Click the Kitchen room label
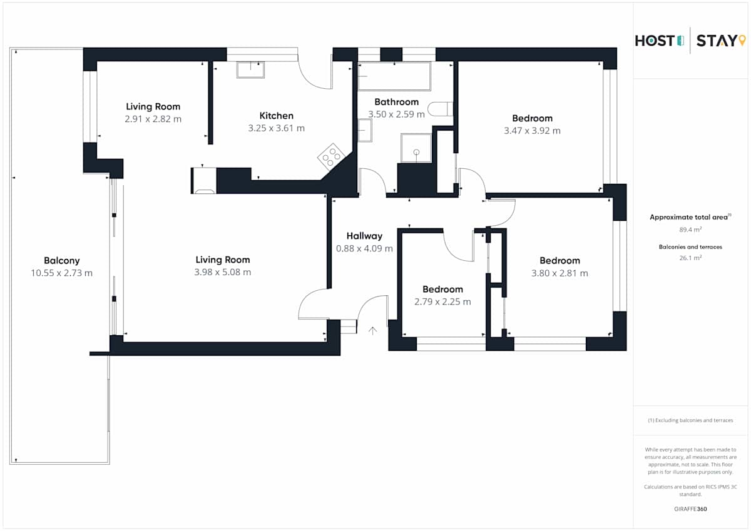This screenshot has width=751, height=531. [x=276, y=116]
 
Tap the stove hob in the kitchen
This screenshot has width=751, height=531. [x=331, y=157]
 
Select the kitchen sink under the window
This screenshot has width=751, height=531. [x=250, y=70]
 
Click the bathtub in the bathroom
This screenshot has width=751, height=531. [x=394, y=76]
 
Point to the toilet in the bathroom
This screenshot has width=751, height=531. [x=440, y=109]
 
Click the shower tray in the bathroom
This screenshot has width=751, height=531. [x=416, y=148]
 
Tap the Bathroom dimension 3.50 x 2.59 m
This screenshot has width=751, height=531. [x=396, y=114]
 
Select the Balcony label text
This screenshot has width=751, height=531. [x=62, y=261]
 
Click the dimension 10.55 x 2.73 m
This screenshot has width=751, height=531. [x=62, y=273]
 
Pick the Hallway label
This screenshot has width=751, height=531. [x=364, y=236]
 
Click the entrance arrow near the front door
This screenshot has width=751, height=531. [x=372, y=331]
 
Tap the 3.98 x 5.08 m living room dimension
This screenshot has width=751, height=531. [x=223, y=272]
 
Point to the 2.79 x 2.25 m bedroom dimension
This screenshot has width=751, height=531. [x=442, y=302]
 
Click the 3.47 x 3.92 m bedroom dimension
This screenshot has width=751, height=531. [x=532, y=131]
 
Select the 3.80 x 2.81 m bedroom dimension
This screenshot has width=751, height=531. [x=559, y=273]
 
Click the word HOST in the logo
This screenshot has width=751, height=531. [x=655, y=41]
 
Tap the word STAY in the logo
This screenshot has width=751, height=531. [x=717, y=41]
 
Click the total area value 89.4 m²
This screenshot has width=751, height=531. [x=690, y=230]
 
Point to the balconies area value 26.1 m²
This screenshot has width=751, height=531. [x=690, y=258]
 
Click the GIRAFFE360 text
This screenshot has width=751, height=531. [x=690, y=509]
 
